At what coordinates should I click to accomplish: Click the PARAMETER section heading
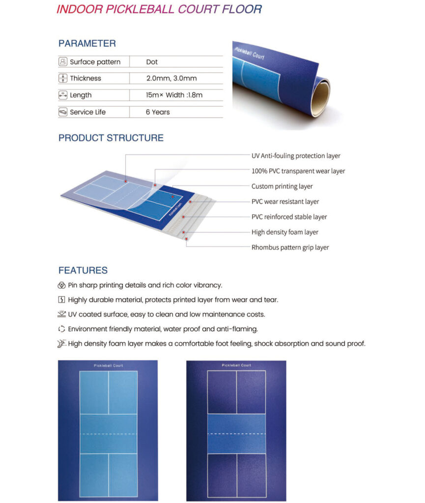point(87,43)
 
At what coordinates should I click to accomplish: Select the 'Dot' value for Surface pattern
point(152,62)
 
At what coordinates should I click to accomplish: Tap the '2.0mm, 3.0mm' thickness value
point(168,79)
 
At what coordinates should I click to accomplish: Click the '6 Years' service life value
point(158,112)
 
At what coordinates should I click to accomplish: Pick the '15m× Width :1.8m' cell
point(174,95)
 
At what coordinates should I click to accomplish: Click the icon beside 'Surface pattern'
point(63,62)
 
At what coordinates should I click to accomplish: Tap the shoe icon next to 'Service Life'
point(63,112)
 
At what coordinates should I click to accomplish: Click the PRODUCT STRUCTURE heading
point(111,138)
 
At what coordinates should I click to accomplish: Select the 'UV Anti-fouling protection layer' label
point(296,156)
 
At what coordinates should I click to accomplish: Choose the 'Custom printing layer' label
point(282,186)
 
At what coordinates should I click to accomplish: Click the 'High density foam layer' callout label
point(285,232)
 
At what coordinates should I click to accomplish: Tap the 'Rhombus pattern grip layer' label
point(290,248)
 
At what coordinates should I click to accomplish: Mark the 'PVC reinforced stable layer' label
point(289,217)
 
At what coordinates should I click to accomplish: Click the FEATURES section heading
point(83,270)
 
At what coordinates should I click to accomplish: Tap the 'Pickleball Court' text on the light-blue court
point(109,365)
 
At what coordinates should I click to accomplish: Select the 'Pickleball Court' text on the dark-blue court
point(236,365)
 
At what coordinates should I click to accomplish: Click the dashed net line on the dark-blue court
point(236,434)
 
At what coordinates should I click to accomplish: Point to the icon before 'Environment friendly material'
point(61,329)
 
